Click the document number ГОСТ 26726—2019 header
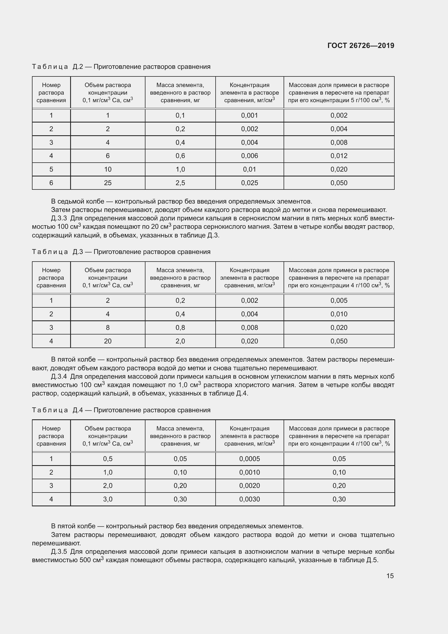pyautogui.click(x=361, y=46)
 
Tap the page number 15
pyautogui.click(x=390, y=576)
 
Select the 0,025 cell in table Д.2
pyautogui.click(x=249, y=183)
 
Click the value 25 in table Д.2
pyautogui.click(x=108, y=183)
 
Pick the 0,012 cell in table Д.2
pyautogui.click(x=339, y=156)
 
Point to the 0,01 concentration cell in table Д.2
pyautogui.click(x=249, y=169)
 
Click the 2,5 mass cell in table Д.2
pyautogui.click(x=180, y=183)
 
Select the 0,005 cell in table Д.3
pyautogui.click(x=339, y=300)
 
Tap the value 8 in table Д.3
pyautogui.click(x=108, y=327)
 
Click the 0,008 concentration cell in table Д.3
pyautogui.click(x=249, y=327)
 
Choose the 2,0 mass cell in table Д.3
pyautogui.click(x=180, y=341)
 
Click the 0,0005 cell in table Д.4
pyautogui.click(x=249, y=459)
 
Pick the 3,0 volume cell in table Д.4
pyautogui.click(x=108, y=499)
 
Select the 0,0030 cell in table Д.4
pyautogui.click(x=249, y=499)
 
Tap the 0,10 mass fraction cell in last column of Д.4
pyautogui.click(x=339, y=472)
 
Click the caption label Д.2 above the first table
pyautogui.click(x=78, y=67)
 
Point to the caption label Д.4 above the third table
pyautogui.click(x=78, y=410)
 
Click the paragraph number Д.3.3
pyautogui.click(x=59, y=218)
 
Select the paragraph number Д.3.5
pyautogui.click(x=59, y=552)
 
